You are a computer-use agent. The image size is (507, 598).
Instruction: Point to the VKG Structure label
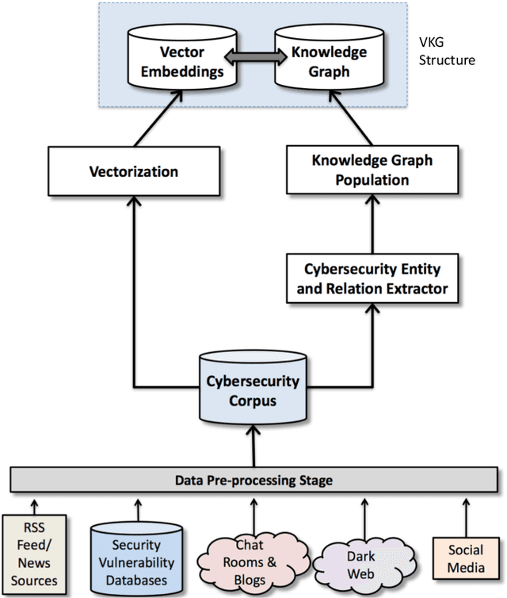click(448, 51)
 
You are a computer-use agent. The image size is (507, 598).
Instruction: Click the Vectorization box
click(132, 171)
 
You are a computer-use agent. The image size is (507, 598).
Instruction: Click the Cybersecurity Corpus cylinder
click(253, 389)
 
